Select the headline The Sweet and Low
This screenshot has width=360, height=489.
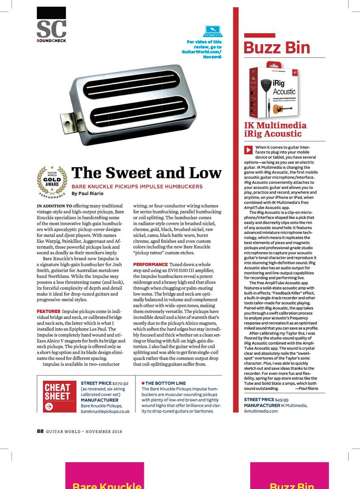point(146,173)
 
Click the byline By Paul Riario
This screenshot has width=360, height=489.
point(88,194)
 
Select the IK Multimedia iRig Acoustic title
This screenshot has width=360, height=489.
point(275,129)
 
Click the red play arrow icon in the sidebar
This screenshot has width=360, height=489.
point(248,150)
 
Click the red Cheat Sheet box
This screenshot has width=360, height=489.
point(60,396)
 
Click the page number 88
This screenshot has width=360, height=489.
point(40,431)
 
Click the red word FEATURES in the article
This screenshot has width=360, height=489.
point(48,312)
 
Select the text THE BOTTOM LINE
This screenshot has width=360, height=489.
point(165,383)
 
